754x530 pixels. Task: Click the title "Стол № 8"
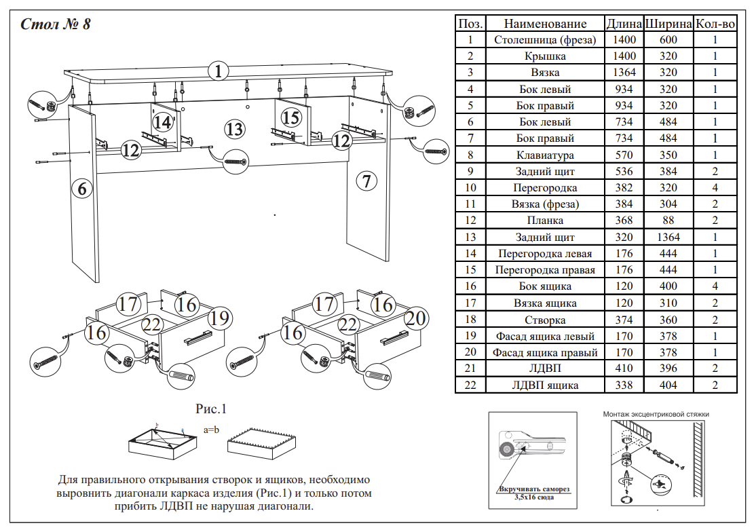[x=56, y=25]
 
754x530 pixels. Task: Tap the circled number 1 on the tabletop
[x=217, y=71]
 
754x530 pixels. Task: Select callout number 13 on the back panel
[x=234, y=129]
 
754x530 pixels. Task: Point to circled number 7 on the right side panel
[x=366, y=181]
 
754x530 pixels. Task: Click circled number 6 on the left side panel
[x=82, y=189]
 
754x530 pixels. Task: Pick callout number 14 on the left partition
[x=162, y=122]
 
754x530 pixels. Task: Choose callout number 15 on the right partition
[x=290, y=118]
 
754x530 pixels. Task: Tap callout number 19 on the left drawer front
[x=219, y=317]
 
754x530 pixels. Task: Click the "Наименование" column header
[x=545, y=24]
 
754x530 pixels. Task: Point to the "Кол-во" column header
[x=715, y=24]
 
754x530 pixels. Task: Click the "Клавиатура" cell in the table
[x=545, y=155]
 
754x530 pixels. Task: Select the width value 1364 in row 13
[x=668, y=237]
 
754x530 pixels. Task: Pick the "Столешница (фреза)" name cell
[x=545, y=40]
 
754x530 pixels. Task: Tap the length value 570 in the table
[x=623, y=155]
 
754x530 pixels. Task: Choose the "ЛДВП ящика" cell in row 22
[x=545, y=385]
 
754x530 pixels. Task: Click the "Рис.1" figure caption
[x=210, y=409]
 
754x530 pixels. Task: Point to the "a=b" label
[x=212, y=430]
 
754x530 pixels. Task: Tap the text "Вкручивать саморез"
[x=533, y=490]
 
